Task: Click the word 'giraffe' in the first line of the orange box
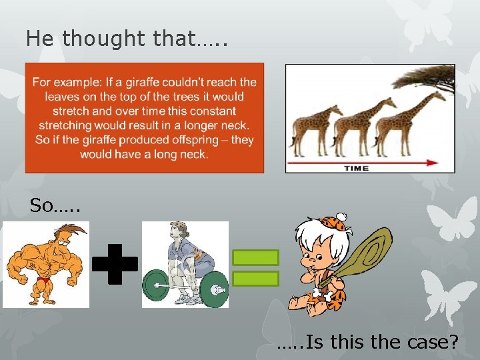(x=170, y=82)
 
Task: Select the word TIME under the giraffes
(x=356, y=168)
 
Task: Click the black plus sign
(x=115, y=264)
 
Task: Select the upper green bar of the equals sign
(x=255, y=257)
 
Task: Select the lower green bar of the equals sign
(x=255, y=278)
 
